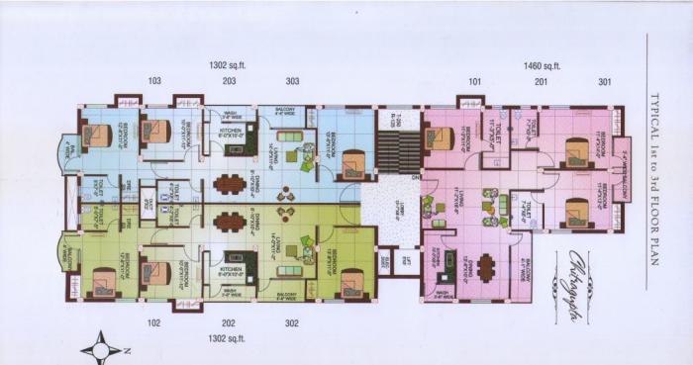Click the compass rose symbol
[102, 348]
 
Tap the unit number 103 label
[154, 81]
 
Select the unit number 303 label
[293, 81]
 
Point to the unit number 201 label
[541, 81]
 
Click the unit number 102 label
[154, 322]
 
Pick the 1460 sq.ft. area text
[542, 65]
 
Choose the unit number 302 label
[292, 322]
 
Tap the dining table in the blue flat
[229, 183]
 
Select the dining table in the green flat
[229, 222]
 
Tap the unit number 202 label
[228, 322]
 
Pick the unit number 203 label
[229, 81]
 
